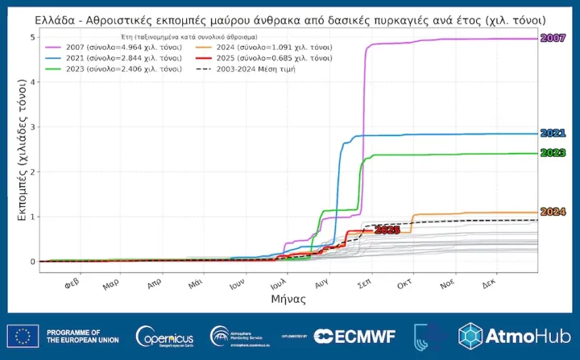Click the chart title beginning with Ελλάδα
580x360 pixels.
click(289, 19)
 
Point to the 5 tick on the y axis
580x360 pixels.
click(31, 38)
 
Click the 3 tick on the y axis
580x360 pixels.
click(31, 127)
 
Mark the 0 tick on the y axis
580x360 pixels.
click(31, 262)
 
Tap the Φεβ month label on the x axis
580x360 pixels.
click(70, 284)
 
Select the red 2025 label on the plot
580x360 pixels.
click(387, 230)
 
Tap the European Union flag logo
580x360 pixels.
click(22, 336)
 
